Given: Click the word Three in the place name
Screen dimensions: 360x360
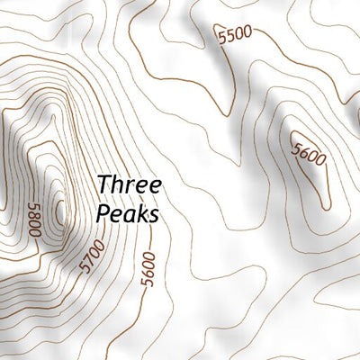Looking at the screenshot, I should coord(130,185).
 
